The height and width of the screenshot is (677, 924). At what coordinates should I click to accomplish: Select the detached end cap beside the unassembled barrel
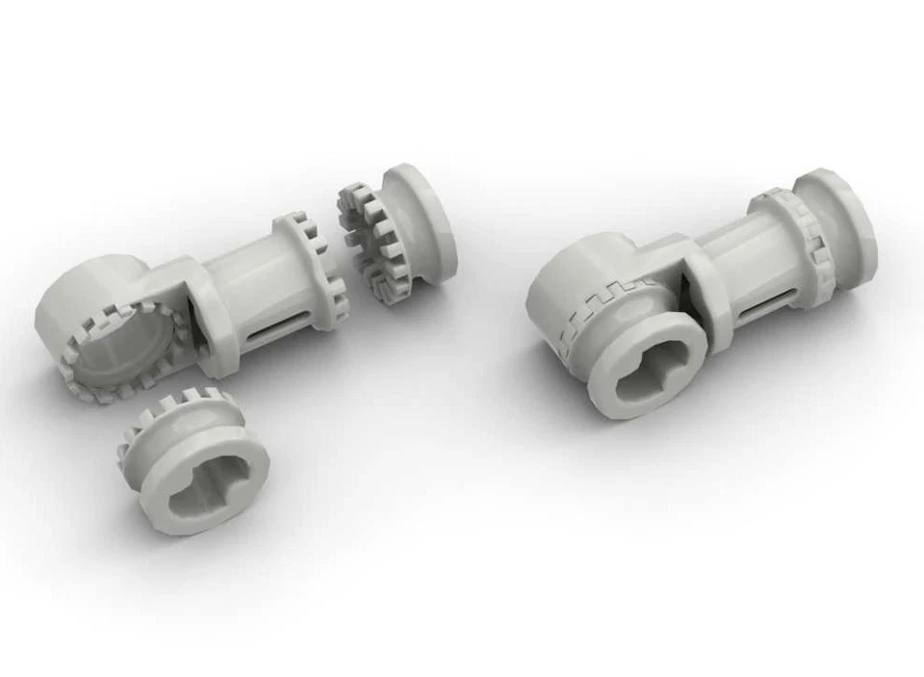point(399,231)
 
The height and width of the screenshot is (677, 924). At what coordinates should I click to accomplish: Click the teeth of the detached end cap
point(372,242)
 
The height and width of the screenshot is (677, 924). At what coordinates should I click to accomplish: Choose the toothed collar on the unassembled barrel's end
point(313,265)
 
